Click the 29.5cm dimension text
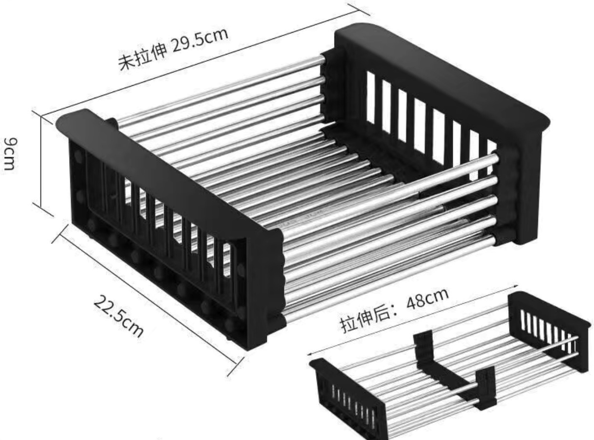(x=200, y=41)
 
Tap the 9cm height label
(x=11, y=154)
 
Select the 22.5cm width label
(x=118, y=316)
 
